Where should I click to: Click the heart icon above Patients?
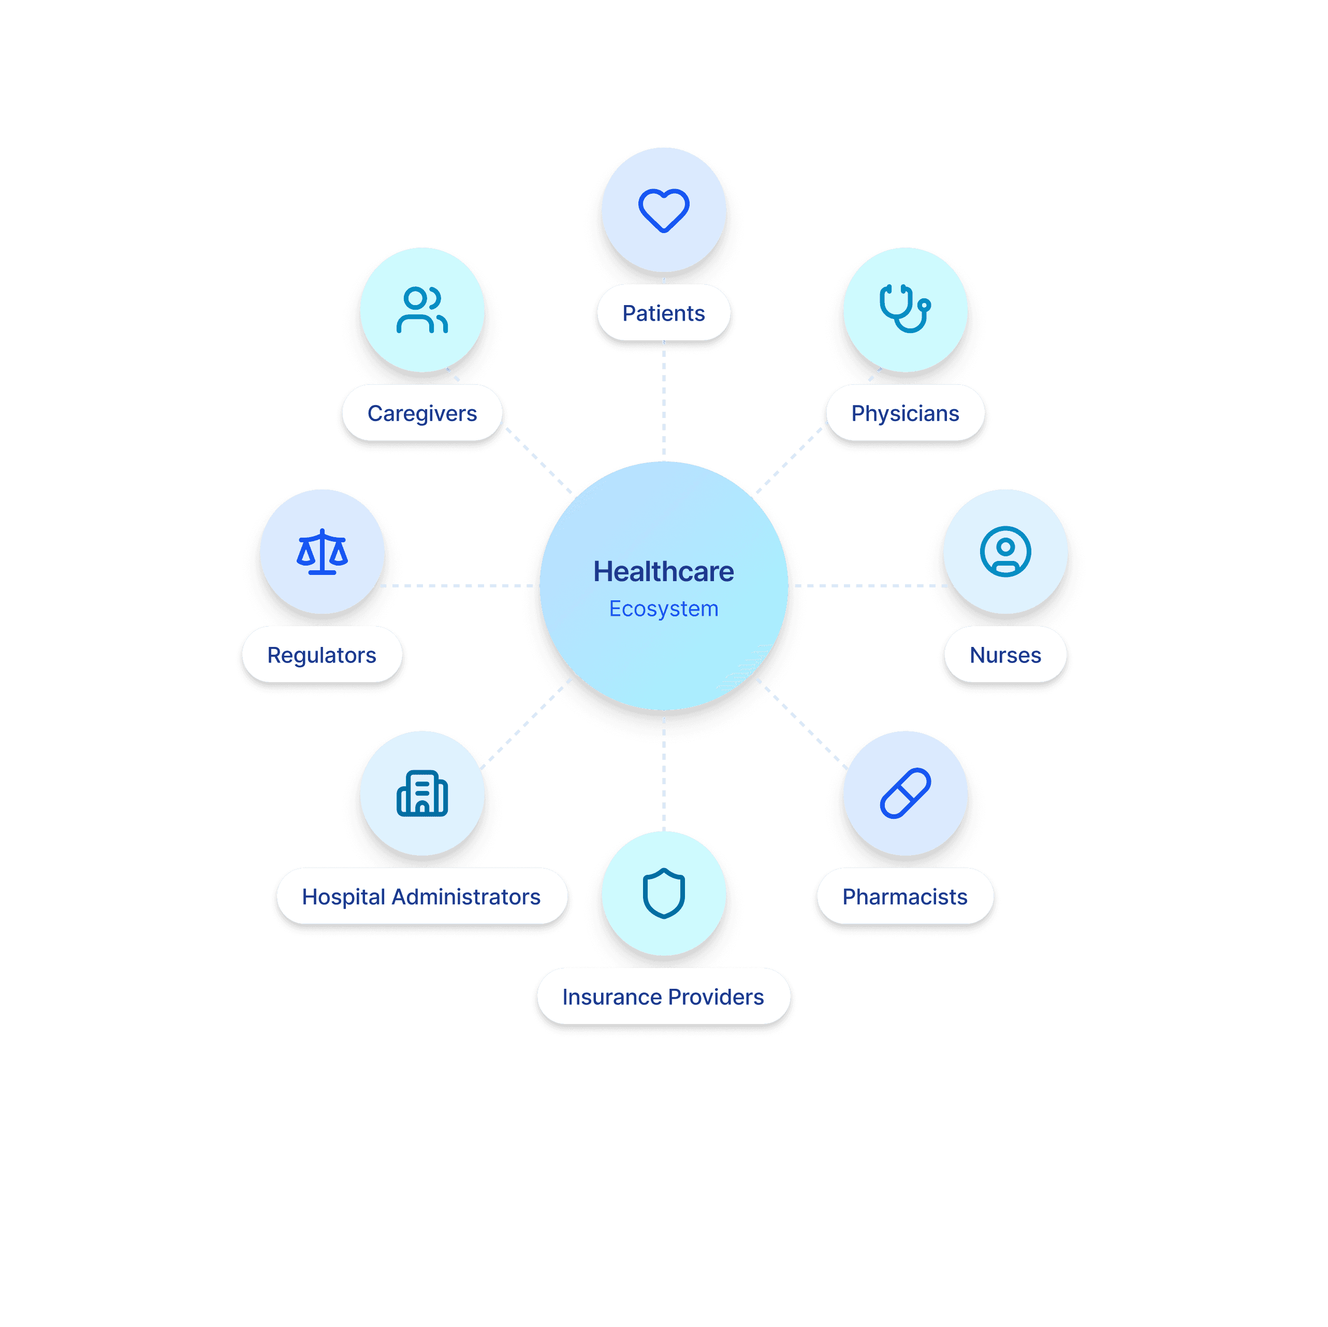[x=663, y=210]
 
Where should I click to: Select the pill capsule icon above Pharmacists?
[x=906, y=794]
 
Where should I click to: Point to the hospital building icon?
[x=422, y=794]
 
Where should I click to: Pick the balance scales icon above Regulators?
[x=322, y=552]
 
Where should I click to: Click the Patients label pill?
[x=663, y=313]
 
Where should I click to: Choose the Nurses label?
[x=1005, y=655]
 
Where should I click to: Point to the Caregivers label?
[x=422, y=413]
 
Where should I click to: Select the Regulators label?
[x=322, y=655]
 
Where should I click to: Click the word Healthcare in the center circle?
[x=663, y=571]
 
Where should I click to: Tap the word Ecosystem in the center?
[x=663, y=609]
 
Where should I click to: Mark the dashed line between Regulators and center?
[x=457, y=586]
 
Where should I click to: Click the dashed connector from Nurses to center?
[x=869, y=586]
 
